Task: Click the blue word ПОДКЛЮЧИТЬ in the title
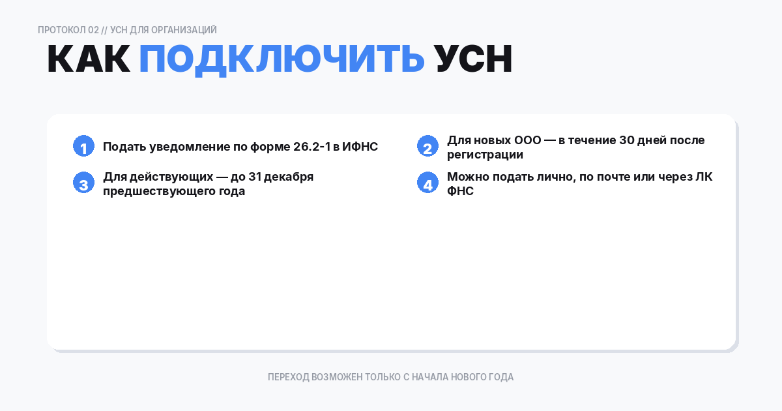282,60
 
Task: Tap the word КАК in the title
89,60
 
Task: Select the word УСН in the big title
474,60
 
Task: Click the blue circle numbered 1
83,147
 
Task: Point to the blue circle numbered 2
427,147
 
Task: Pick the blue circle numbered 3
83,183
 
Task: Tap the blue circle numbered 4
427,183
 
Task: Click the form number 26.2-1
311,147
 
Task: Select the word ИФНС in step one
360,147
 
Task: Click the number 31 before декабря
255,177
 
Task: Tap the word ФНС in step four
460,192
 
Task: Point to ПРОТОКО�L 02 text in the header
68,30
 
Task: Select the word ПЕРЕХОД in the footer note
289,377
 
